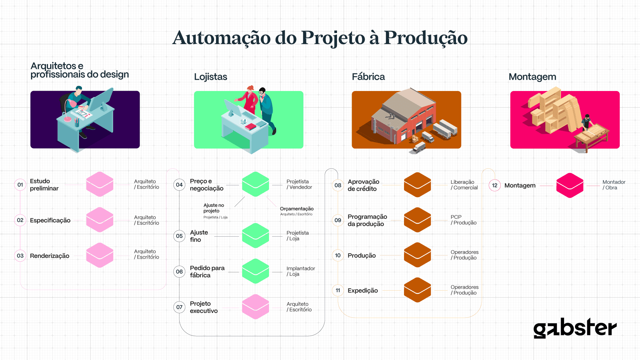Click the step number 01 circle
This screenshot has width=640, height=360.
coord(20,185)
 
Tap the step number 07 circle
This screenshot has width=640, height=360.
coord(179,307)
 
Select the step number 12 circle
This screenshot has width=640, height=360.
coord(495,185)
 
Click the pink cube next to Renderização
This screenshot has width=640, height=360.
coord(100,255)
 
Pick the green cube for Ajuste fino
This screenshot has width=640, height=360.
coord(255,236)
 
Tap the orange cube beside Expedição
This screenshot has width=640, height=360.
coord(417,290)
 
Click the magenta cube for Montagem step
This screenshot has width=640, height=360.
coord(570,185)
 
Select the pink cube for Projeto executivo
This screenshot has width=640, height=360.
coord(255,307)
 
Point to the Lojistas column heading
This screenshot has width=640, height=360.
coord(211,77)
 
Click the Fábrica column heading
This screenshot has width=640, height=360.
coord(368,77)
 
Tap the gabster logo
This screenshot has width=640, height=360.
coord(575,328)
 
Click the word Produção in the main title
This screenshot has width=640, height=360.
coord(426,38)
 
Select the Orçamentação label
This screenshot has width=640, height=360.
coord(297,209)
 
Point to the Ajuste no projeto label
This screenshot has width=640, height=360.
coord(214,208)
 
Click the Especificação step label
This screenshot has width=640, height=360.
coord(50,220)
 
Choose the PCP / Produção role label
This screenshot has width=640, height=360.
coord(463,220)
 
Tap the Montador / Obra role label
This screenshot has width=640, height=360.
coord(614,185)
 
